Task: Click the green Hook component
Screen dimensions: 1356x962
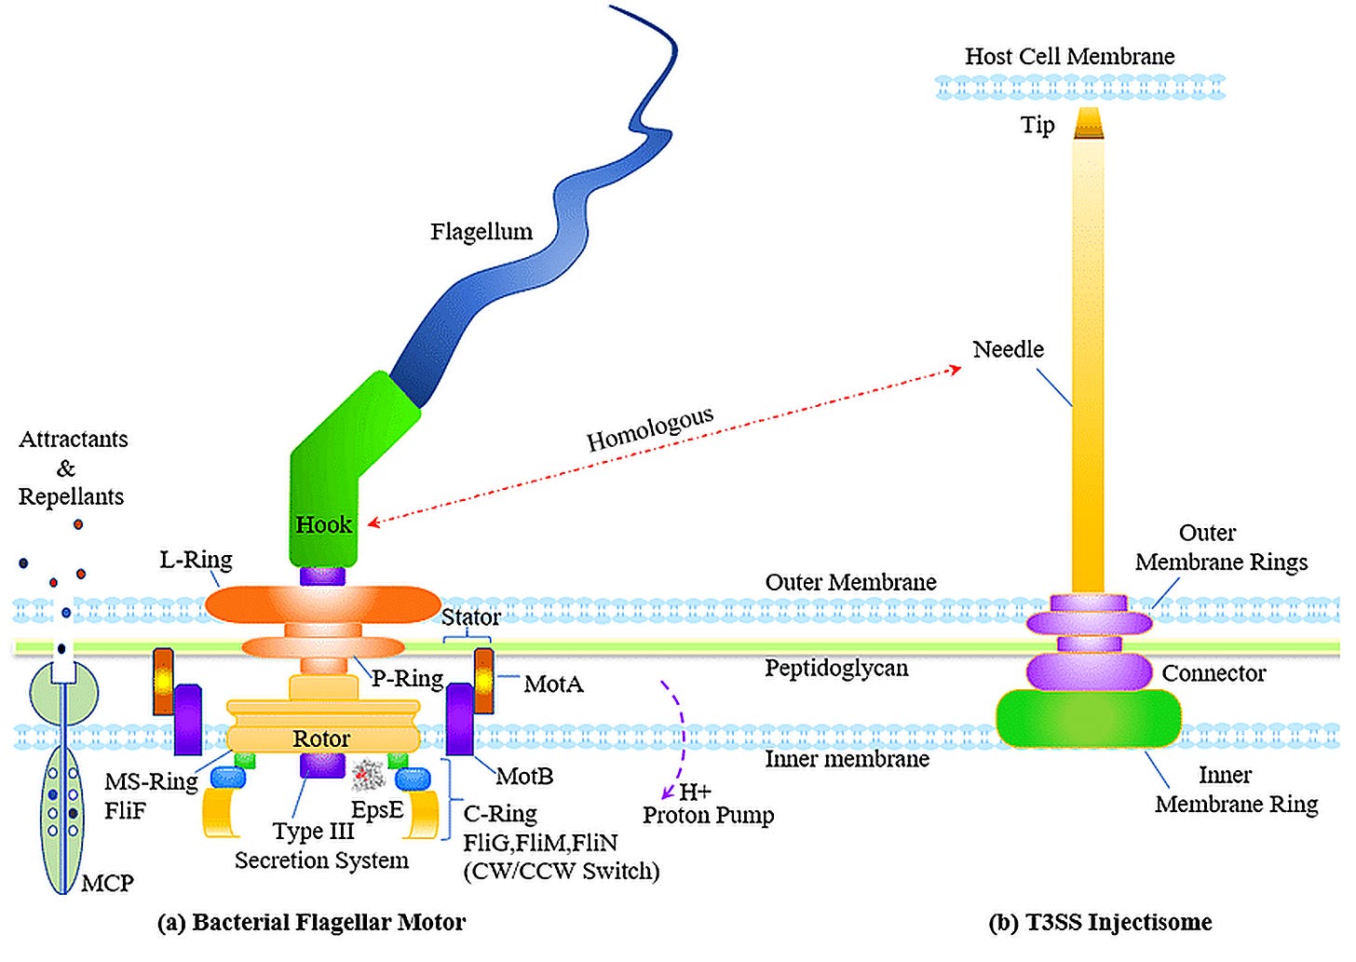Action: [x=339, y=479]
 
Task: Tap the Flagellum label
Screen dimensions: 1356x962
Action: [x=481, y=231]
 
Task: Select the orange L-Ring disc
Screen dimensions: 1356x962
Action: [x=322, y=604]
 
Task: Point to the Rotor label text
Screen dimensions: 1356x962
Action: [x=321, y=738]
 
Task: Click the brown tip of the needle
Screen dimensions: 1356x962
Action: [x=1089, y=124]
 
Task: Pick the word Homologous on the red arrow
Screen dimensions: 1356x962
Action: [x=650, y=428]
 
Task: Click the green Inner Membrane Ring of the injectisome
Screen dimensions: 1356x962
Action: [x=1088, y=719]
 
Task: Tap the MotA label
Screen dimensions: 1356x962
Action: [x=553, y=684]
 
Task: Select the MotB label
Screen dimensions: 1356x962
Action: [x=525, y=776]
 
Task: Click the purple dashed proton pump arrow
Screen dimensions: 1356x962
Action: [x=681, y=736]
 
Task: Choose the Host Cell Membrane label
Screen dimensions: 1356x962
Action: [x=1070, y=56]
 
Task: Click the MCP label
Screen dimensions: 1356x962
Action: [x=107, y=883]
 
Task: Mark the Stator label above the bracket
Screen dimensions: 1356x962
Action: [x=471, y=616]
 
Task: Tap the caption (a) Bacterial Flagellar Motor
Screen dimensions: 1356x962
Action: [x=311, y=922]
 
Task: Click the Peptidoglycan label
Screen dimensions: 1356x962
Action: [x=836, y=669]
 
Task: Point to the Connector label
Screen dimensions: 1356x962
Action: [x=1214, y=673]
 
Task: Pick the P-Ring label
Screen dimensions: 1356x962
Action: [x=407, y=678]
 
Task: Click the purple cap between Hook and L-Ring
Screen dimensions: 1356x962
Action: [x=322, y=576]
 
